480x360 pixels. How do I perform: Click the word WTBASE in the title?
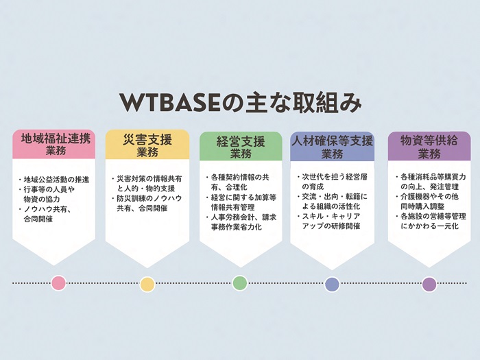click(x=169, y=103)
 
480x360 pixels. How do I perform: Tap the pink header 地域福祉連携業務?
click(x=54, y=144)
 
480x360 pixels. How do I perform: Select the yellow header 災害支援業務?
click(x=147, y=145)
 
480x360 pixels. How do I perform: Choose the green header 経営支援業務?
click(x=241, y=146)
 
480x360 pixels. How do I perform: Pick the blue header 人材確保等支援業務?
click(x=332, y=146)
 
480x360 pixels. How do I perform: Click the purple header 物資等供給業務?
click(x=429, y=146)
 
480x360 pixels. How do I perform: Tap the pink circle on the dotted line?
click(x=58, y=283)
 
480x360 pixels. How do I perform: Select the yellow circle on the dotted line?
click(x=147, y=285)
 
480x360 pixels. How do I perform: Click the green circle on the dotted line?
click(x=240, y=283)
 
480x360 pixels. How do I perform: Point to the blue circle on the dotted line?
click(x=332, y=285)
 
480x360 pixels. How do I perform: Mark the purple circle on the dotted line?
click(x=429, y=285)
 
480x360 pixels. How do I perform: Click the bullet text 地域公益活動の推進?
click(x=57, y=180)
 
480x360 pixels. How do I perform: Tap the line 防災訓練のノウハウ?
click(x=149, y=198)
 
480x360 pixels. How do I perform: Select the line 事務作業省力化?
click(x=236, y=227)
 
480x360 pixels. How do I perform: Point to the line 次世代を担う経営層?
click(x=335, y=177)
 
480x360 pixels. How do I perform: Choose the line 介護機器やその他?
click(x=429, y=197)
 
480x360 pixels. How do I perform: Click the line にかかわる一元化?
click(x=429, y=226)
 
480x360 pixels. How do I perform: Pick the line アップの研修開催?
click(x=331, y=226)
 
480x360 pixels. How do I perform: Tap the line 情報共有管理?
click(x=232, y=207)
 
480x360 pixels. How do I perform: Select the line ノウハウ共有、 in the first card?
click(x=48, y=209)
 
